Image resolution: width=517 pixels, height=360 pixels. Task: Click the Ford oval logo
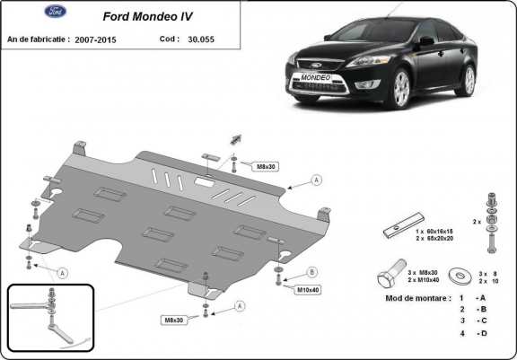click(x=29, y=13)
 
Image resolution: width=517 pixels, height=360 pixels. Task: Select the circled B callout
click(x=311, y=272)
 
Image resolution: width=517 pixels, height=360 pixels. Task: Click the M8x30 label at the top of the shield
click(x=242, y=167)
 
